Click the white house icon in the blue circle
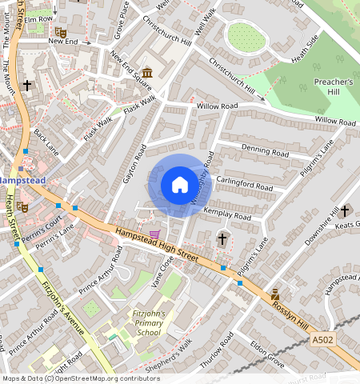tap(179, 185)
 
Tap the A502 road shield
tap(322, 339)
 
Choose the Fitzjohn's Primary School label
tap(149, 322)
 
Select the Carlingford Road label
tap(243, 183)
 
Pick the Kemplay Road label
tap(227, 213)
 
